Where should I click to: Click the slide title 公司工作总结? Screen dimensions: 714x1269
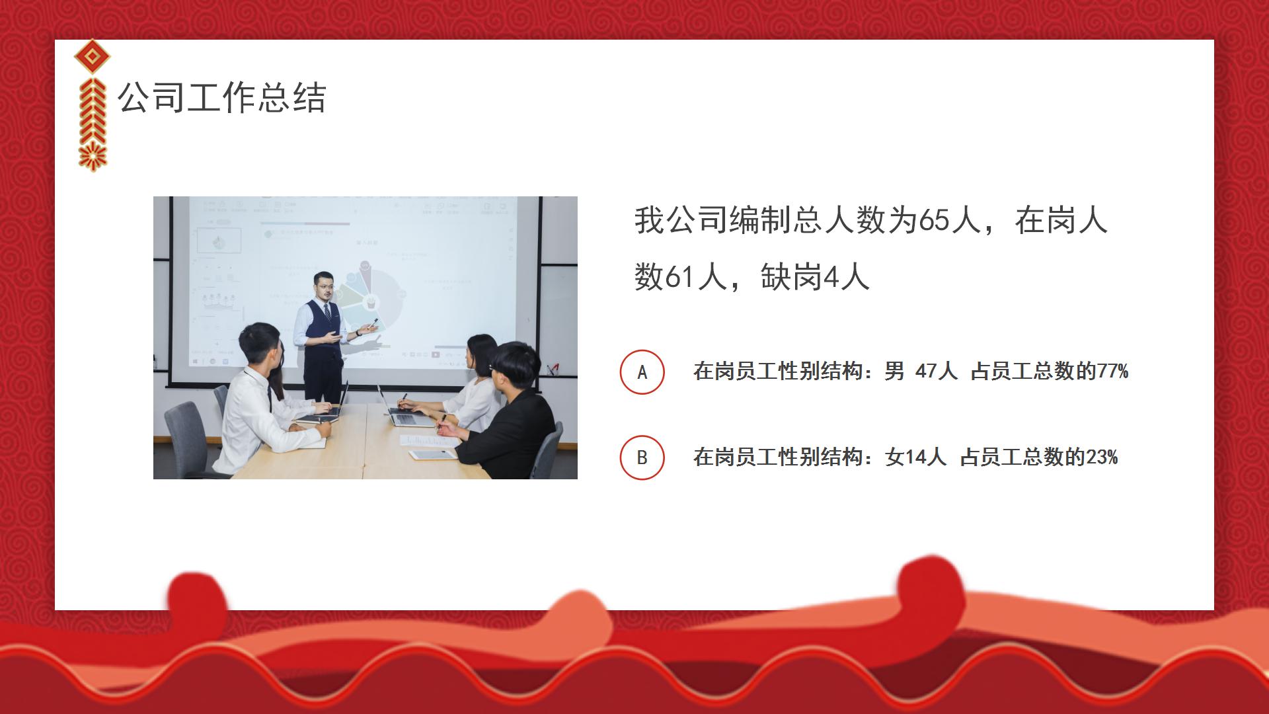(221, 98)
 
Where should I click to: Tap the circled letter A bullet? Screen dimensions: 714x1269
(642, 372)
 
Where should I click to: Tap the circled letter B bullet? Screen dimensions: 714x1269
(642, 457)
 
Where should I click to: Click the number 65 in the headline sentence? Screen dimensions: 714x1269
(934, 220)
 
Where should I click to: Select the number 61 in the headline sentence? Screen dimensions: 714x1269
(681, 277)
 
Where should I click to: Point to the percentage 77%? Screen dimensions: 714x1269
(1113, 372)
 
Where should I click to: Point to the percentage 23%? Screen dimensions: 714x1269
(1102, 457)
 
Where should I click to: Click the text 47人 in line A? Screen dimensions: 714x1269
(936, 372)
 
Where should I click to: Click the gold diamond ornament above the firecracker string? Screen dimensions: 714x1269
(92, 58)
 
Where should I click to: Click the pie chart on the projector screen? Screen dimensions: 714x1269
(375, 301)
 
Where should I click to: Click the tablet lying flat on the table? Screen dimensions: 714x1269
(433, 454)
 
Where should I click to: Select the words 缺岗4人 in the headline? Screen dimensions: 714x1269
(814, 277)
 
